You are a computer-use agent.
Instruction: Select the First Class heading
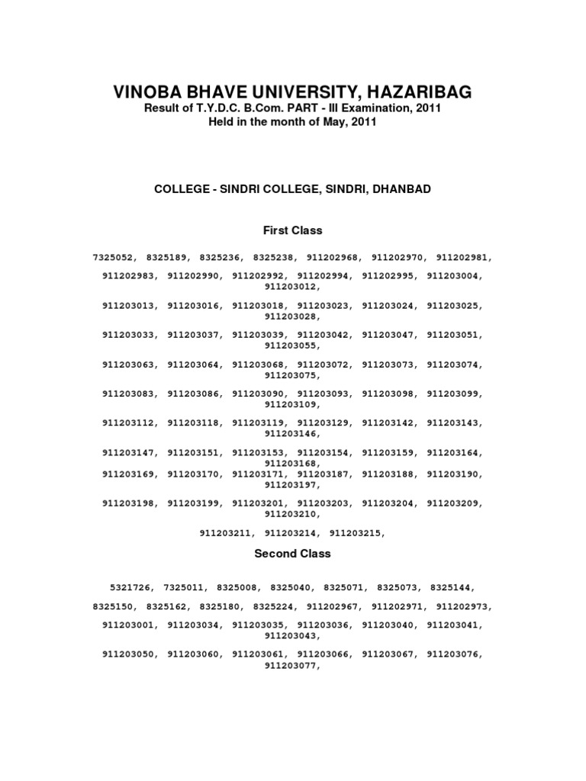(293, 230)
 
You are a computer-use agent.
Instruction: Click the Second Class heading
(293, 554)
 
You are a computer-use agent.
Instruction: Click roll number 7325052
(113, 258)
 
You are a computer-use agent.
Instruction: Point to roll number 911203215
(356, 534)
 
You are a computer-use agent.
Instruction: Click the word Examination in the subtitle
(363, 109)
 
